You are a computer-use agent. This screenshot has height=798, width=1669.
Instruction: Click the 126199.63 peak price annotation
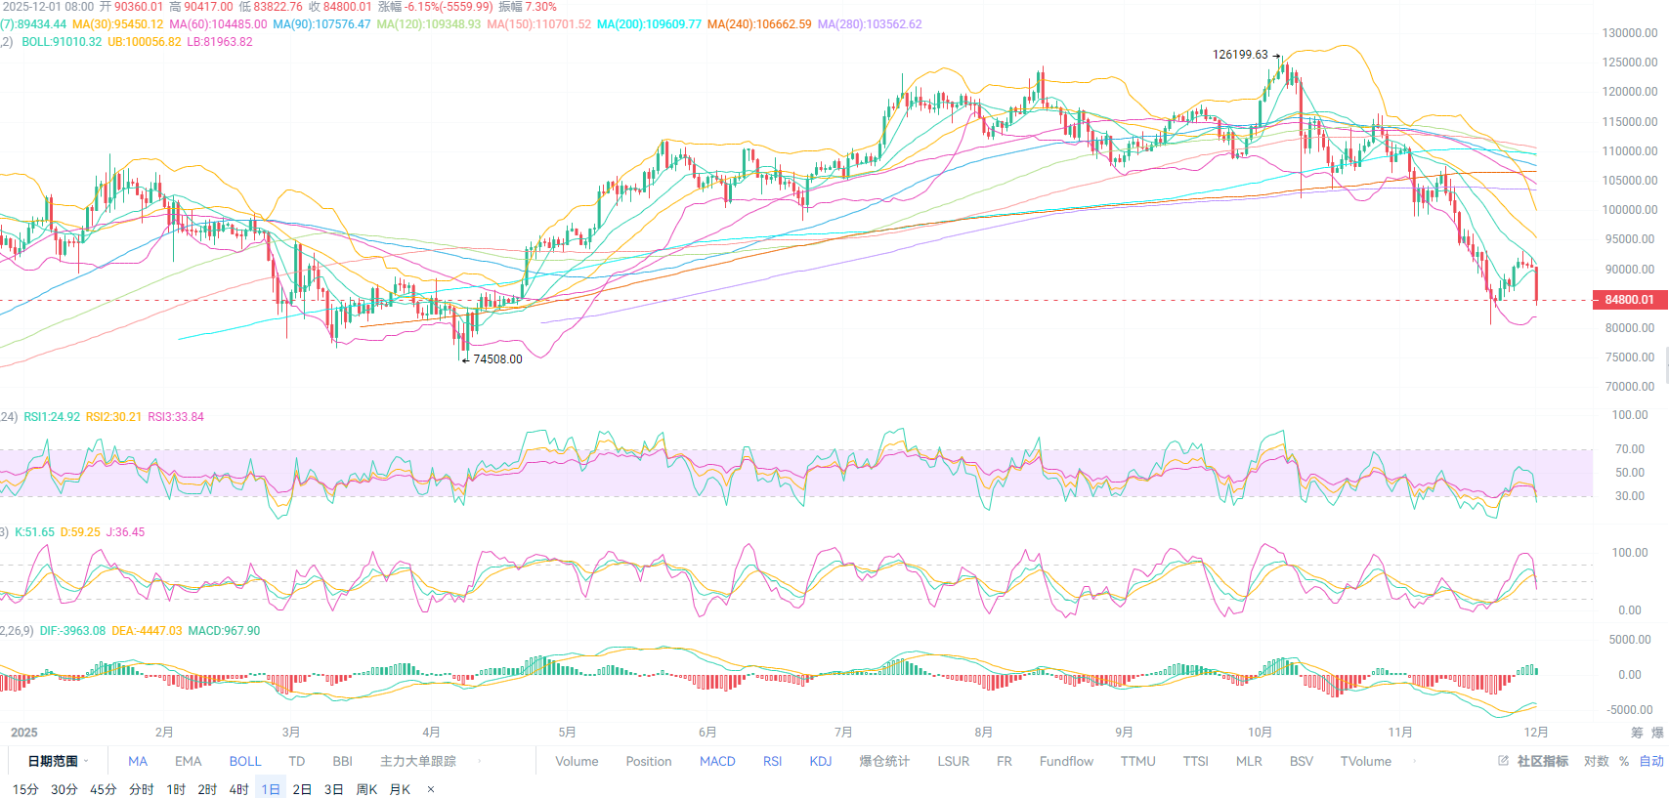click(x=1240, y=55)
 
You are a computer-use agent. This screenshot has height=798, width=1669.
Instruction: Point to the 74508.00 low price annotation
click(x=497, y=359)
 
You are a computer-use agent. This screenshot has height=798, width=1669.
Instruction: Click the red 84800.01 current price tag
click(x=1629, y=300)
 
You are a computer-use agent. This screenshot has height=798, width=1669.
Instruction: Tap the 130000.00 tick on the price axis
click(x=1630, y=33)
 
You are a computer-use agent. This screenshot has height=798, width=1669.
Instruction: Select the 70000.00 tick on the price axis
click(x=1630, y=387)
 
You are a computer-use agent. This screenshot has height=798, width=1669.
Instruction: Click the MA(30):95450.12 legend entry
click(x=118, y=24)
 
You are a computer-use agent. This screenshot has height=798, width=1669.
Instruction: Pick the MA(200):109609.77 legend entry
click(x=649, y=24)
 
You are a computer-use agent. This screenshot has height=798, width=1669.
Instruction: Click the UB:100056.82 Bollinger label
click(x=145, y=42)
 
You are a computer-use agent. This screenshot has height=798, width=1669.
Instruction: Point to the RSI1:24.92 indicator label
click(x=52, y=417)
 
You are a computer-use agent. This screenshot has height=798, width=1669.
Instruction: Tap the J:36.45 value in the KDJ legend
click(x=125, y=532)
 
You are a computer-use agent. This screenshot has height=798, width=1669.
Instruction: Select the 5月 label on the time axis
click(x=567, y=733)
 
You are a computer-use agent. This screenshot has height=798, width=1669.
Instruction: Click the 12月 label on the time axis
click(x=1536, y=733)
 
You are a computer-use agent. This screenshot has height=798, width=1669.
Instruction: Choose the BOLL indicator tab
click(x=245, y=762)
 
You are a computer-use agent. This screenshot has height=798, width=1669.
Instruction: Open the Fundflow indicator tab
click(x=1066, y=762)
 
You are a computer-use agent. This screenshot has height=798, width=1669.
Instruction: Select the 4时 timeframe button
click(x=239, y=789)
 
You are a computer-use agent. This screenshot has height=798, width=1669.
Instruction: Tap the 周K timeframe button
click(x=366, y=789)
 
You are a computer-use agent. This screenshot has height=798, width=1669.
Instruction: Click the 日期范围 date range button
click(x=53, y=762)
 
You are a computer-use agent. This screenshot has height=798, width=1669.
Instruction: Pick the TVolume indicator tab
click(x=1365, y=762)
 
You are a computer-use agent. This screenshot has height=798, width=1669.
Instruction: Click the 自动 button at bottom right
click(x=1651, y=762)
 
